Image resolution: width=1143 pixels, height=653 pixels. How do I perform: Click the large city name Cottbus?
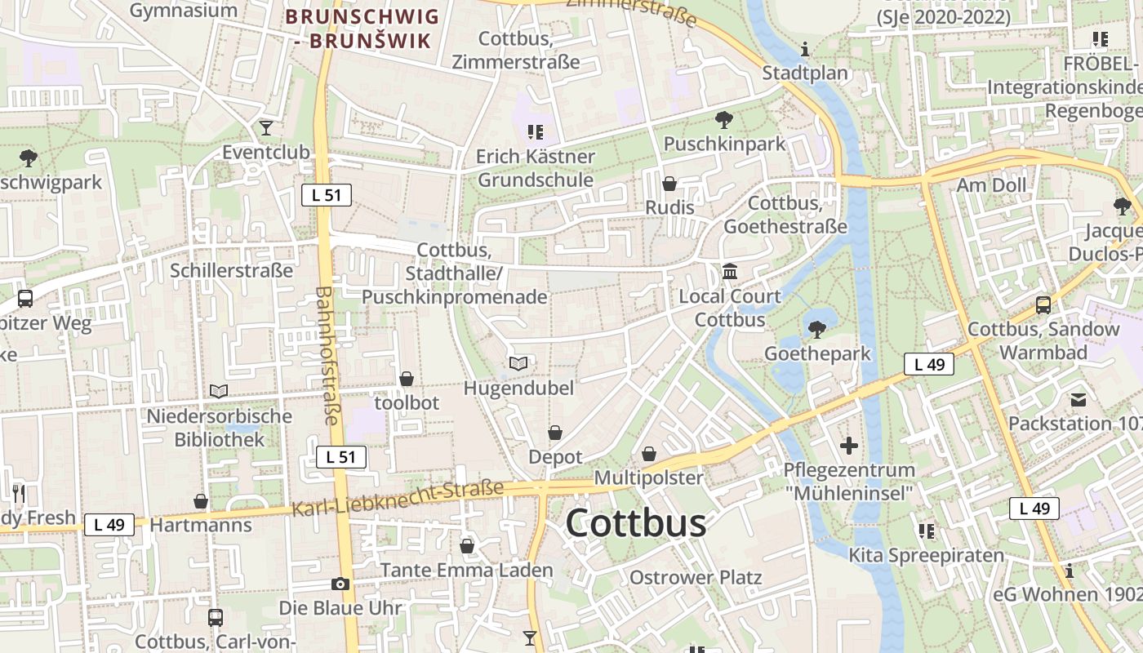click(x=636, y=523)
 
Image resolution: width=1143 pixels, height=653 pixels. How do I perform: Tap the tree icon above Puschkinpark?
click(x=723, y=121)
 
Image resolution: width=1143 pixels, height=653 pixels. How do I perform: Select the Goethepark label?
click(x=817, y=353)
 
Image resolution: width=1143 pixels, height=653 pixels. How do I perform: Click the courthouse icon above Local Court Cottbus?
click(x=730, y=271)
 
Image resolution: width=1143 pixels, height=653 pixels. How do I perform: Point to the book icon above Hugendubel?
click(x=518, y=363)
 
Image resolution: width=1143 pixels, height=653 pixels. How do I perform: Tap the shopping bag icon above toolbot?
click(x=407, y=379)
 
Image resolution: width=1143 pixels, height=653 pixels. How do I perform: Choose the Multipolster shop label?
click(x=649, y=477)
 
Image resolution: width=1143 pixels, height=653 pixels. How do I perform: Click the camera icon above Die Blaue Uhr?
click(x=340, y=584)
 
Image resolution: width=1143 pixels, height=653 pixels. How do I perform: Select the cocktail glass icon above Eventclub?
click(x=265, y=127)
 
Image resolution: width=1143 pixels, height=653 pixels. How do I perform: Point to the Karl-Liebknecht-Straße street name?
click(x=398, y=499)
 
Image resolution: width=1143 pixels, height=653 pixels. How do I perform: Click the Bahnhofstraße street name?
click(x=327, y=355)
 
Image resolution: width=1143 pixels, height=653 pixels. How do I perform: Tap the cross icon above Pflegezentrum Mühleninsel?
click(x=849, y=446)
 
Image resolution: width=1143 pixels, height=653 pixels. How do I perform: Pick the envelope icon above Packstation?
click(x=1078, y=400)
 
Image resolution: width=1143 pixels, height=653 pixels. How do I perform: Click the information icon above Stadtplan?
click(x=805, y=49)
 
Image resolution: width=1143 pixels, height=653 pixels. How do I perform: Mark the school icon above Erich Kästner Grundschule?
click(x=536, y=131)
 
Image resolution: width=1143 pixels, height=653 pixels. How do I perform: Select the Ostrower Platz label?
click(x=695, y=578)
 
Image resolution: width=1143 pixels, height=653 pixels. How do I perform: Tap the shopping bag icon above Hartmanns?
click(x=200, y=500)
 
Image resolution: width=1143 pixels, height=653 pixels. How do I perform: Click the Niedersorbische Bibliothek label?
click(x=219, y=428)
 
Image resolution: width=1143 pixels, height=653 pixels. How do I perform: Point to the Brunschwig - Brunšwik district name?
click(x=362, y=28)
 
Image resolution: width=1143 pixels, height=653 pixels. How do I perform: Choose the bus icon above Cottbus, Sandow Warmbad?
click(x=1043, y=305)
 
